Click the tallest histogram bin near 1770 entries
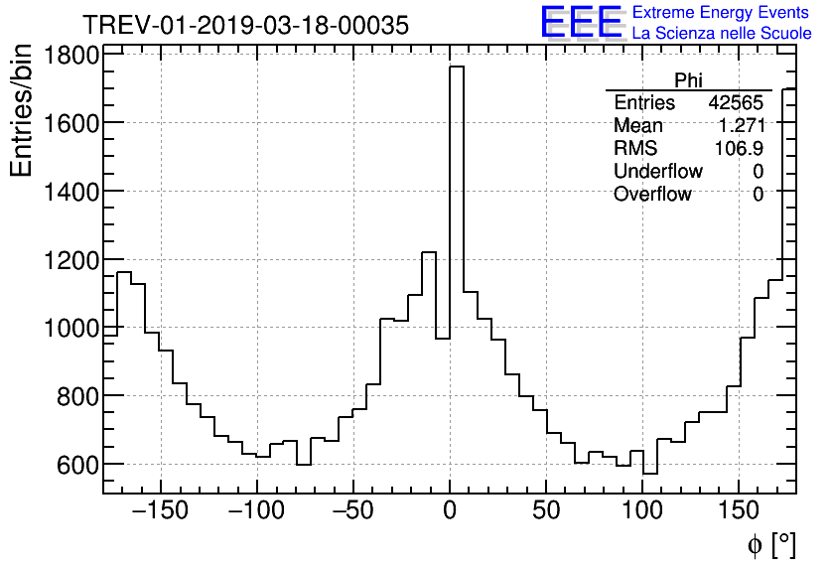pos(457,199)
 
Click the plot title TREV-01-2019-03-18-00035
pos(244,26)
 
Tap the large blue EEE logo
pos(581,22)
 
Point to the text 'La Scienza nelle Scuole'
pos(722,34)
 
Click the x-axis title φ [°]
pos(771,544)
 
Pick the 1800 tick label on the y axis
pos(71,56)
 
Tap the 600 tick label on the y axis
pos(78,465)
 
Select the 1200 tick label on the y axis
pos(71,260)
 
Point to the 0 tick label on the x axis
pos(450,512)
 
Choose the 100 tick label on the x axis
pos(642,512)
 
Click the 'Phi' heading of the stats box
pos(688,80)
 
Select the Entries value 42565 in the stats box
pos(736,103)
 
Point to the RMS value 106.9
pos(740,149)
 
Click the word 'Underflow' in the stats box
pos(658,172)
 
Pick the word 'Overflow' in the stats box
pos(652,195)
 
